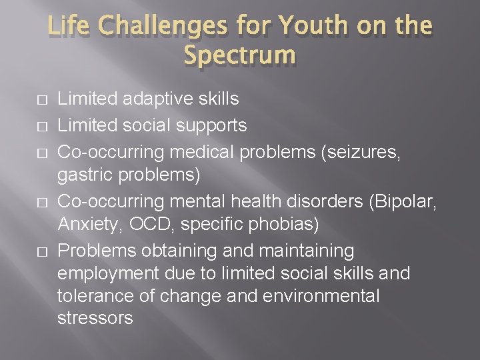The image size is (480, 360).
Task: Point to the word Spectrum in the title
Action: (x=239, y=55)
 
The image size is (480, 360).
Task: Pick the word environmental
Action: (x=323, y=295)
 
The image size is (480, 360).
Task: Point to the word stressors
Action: (x=95, y=318)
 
